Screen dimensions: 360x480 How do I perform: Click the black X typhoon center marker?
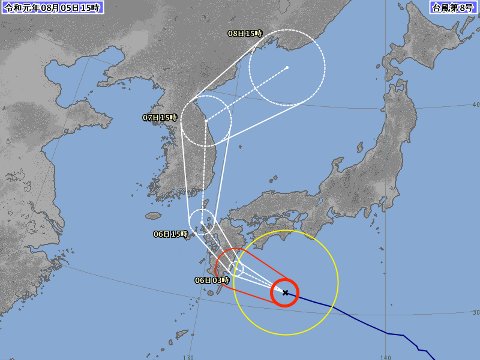285,293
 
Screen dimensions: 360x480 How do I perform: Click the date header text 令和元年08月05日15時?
51,9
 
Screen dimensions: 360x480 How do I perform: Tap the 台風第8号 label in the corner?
454,9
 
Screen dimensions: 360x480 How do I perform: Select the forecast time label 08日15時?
245,33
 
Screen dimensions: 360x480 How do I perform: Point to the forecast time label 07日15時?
159,116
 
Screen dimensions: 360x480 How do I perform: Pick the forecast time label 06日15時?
171,233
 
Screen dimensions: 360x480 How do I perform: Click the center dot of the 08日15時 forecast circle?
288,68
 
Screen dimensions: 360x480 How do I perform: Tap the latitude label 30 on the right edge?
473,312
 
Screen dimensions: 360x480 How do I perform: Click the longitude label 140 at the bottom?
386,353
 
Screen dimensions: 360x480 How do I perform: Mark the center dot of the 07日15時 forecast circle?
207,121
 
